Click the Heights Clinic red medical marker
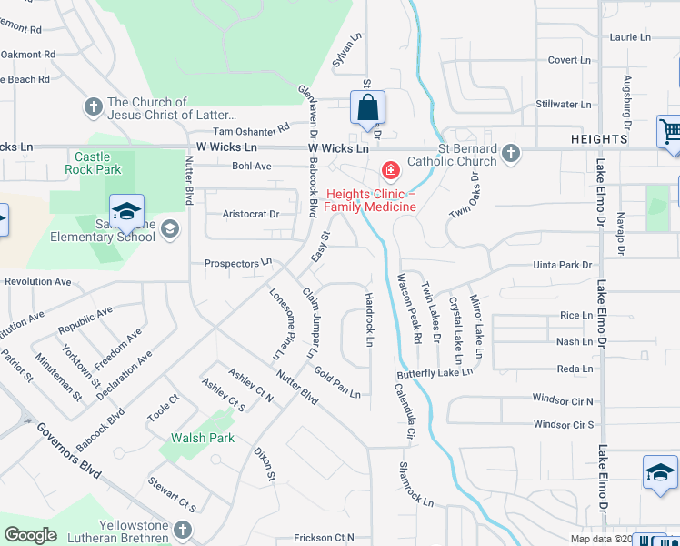point(390,170)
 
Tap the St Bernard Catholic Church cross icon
point(511,153)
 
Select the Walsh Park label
point(203,438)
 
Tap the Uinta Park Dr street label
point(562,265)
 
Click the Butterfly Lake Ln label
point(435,372)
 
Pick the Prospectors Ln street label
point(237,263)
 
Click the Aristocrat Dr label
point(250,214)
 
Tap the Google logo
point(31,534)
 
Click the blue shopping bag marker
point(367,108)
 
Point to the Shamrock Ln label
point(416,484)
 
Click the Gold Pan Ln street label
point(337,382)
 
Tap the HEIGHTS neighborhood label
point(599,139)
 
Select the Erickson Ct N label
point(324,538)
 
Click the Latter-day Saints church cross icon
point(92,107)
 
